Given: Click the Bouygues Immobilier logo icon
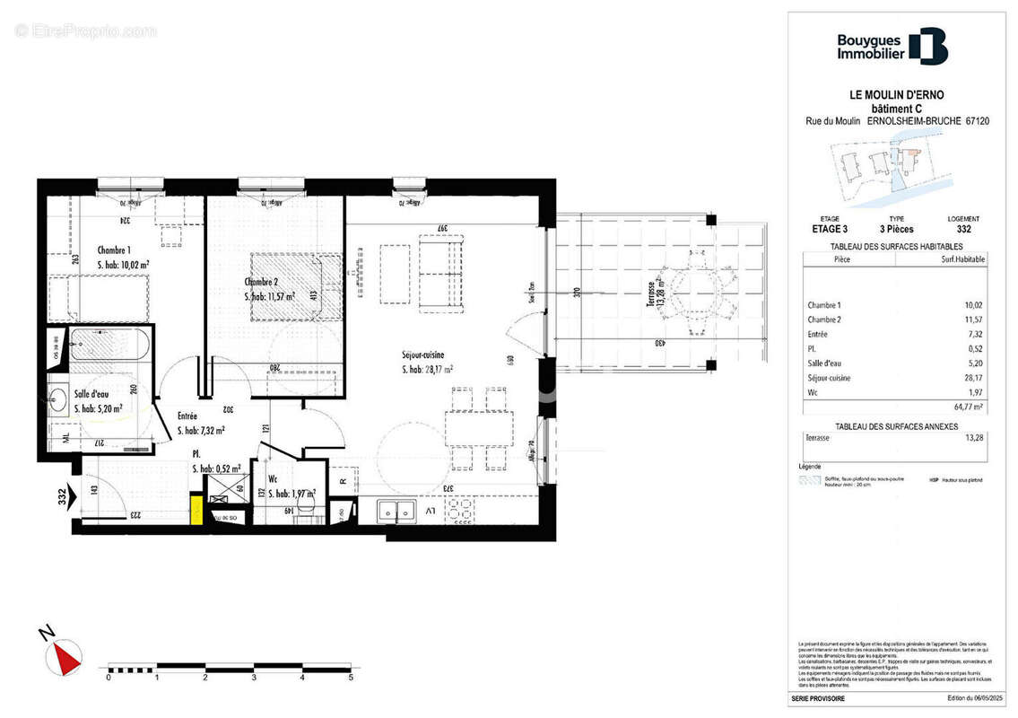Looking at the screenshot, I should [927, 47].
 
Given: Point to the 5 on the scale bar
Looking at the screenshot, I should [351, 679].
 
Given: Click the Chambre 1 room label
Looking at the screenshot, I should [115, 250].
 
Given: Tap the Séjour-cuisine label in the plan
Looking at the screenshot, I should [423, 355].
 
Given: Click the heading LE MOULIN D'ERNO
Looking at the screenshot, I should [896, 95].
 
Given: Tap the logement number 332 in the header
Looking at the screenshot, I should [962, 230].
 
